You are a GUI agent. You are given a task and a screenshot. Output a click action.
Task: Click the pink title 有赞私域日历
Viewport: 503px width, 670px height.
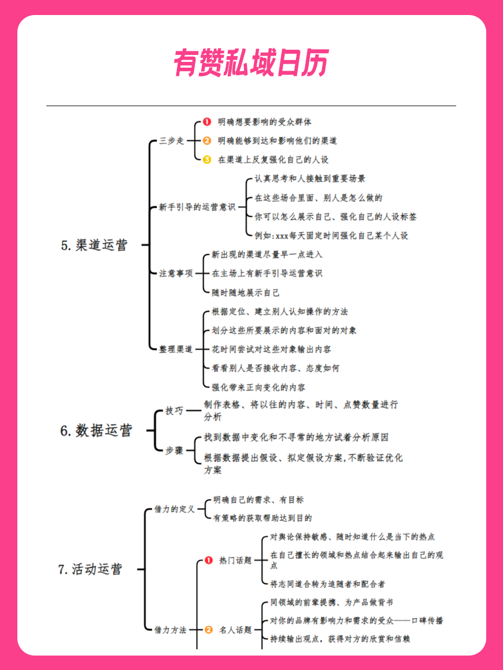251,63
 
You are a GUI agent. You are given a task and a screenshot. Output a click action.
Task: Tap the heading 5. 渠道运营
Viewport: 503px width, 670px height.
94,245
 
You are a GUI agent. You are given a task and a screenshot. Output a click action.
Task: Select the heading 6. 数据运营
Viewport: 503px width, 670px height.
96,430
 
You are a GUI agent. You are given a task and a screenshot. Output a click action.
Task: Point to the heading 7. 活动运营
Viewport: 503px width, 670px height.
90,569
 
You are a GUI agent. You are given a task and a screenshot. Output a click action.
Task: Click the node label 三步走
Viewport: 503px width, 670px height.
172,140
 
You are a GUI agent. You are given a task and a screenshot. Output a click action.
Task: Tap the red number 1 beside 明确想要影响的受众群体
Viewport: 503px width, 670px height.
207,122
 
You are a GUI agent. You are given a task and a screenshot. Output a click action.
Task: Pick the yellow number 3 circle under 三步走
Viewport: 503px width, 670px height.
207,160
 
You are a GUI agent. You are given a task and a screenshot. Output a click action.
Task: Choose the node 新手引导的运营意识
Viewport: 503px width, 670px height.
197,207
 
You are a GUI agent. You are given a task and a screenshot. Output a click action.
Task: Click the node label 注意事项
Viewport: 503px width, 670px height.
176,273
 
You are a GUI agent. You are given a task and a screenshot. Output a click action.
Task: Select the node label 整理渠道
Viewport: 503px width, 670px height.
176,349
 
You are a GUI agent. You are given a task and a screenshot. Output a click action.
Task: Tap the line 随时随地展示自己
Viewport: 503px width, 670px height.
246,293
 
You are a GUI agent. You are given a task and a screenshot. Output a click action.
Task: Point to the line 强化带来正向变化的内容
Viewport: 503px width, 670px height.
258,387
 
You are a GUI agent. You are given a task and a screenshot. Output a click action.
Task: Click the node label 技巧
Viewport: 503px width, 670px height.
175,410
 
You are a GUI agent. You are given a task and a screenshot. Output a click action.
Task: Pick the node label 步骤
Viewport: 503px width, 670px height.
175,450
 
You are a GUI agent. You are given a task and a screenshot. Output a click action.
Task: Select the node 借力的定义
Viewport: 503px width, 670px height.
175,509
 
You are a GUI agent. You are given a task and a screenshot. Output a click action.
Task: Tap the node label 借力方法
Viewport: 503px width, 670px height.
170,630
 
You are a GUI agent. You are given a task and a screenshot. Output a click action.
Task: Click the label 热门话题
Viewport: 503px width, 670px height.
235,560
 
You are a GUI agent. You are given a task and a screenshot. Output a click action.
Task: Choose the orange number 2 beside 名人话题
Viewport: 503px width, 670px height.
209,630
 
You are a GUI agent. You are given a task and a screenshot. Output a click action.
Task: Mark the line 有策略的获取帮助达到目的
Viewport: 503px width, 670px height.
262,518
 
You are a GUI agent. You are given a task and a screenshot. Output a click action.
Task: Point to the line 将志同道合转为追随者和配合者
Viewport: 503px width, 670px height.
328,584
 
